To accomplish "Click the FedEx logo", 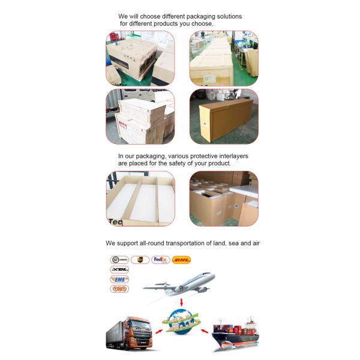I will tap(160, 260).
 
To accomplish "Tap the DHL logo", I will tap(181, 260).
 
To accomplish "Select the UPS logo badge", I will tap(140, 260).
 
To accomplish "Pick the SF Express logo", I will tap(119, 260).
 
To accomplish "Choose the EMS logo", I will tap(119, 279).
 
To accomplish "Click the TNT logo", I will tap(119, 289).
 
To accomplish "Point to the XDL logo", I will tap(119, 269).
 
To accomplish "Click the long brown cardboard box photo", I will tap(224, 116).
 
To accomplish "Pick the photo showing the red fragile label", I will tap(140, 116).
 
